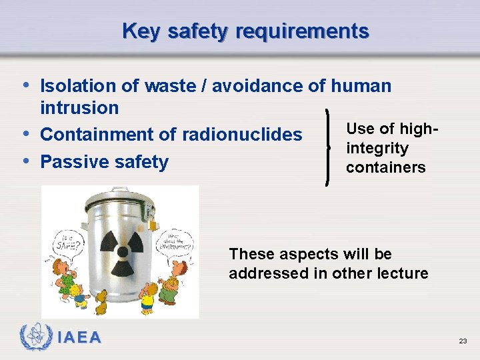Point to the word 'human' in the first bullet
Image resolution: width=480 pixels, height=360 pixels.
tap(361, 86)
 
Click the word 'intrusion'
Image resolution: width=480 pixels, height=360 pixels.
tap(79, 107)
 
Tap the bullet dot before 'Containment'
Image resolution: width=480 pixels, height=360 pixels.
tap(25, 133)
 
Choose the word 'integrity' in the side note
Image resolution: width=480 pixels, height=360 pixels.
tap(377, 148)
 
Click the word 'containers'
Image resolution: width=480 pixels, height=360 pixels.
tap(385, 167)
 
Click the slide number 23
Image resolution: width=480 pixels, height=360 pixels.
tap(463, 341)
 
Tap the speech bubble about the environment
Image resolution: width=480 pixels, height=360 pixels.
tap(176, 240)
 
